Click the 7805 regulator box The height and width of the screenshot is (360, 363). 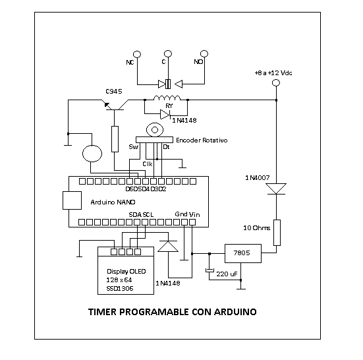[x=243, y=253]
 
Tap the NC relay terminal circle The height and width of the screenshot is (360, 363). [x=137, y=54]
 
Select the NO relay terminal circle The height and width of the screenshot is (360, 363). [x=204, y=54]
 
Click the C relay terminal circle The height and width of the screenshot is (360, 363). [x=168, y=54]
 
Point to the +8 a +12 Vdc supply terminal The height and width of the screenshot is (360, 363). [x=276, y=82]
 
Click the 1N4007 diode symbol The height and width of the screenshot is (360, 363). [x=276, y=189]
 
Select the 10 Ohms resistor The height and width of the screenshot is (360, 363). [x=277, y=233]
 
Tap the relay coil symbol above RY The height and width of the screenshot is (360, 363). [x=167, y=98]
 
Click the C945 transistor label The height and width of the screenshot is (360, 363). [x=114, y=92]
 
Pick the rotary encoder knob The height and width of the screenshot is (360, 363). [x=155, y=130]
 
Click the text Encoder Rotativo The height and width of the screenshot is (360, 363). [x=202, y=140]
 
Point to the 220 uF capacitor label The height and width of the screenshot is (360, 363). [x=227, y=274]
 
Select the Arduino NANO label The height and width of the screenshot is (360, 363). [x=113, y=202]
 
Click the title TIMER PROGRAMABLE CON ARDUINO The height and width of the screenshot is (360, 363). [x=173, y=312]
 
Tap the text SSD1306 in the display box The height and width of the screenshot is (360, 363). [x=120, y=289]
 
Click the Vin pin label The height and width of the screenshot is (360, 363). [x=194, y=214]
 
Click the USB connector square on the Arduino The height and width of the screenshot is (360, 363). [x=72, y=200]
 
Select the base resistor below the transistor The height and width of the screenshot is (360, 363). [x=115, y=139]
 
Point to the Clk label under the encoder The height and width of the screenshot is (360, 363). [x=148, y=164]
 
